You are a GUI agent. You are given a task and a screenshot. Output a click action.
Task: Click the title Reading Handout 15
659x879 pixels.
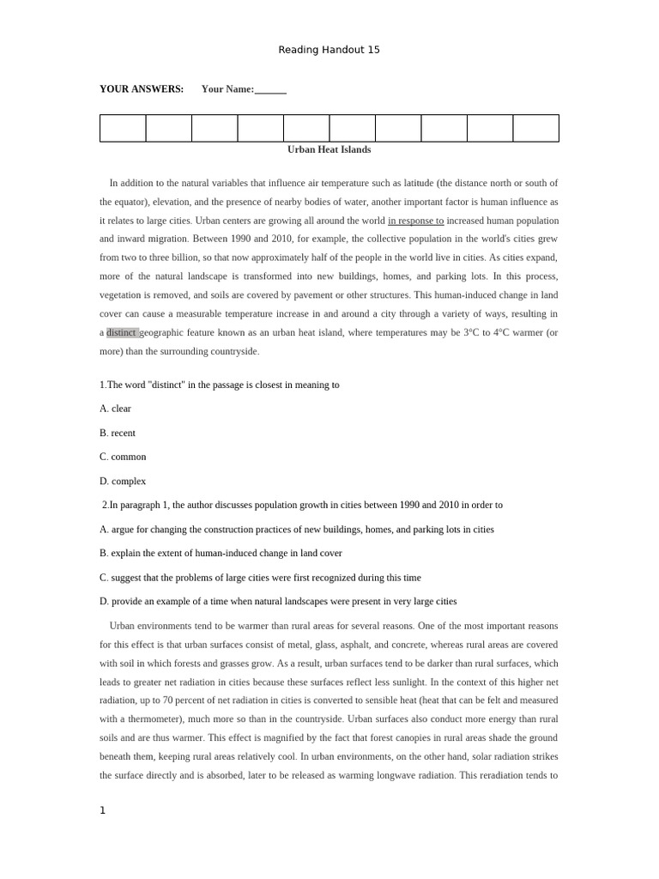(x=329, y=50)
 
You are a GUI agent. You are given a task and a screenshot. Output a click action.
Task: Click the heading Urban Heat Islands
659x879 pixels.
(x=329, y=149)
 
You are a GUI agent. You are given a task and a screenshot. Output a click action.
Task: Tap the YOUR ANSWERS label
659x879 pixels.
(x=142, y=89)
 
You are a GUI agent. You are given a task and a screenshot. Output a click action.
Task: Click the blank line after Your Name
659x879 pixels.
(x=270, y=90)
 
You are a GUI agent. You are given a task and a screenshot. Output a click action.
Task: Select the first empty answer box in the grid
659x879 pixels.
(x=123, y=128)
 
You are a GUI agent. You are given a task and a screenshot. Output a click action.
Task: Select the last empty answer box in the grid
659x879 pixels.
(x=535, y=128)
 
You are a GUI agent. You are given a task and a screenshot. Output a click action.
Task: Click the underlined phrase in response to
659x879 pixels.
(x=415, y=221)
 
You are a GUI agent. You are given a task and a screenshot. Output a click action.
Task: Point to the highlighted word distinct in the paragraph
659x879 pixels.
(x=121, y=332)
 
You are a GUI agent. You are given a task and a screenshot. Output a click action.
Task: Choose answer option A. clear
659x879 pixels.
(x=115, y=409)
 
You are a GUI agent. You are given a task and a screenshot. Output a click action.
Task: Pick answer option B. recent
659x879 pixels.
(x=117, y=433)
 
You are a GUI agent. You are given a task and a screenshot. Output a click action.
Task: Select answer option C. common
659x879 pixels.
(x=123, y=457)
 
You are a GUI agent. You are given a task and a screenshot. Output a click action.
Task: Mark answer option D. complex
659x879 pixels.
(x=123, y=481)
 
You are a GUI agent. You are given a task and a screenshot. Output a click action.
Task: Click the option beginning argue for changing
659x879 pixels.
(x=296, y=530)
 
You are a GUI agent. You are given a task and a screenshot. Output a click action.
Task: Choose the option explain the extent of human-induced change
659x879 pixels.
(x=221, y=554)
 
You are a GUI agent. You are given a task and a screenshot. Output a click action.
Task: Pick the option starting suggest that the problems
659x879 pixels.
(x=260, y=578)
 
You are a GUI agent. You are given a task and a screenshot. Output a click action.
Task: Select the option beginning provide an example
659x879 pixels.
(x=278, y=602)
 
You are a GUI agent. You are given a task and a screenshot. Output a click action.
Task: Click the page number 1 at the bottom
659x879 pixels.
(x=102, y=810)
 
